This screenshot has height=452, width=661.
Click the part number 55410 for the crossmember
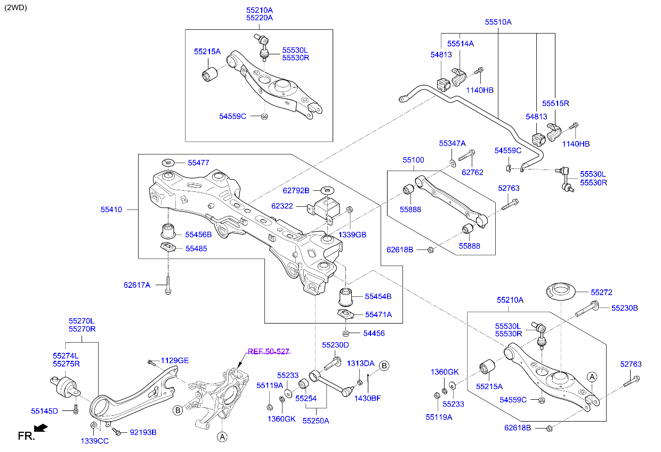pyautogui.click(x=111, y=209)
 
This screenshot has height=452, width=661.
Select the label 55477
pyautogui.click(x=198, y=163)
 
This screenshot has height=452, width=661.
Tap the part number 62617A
pyautogui.click(x=137, y=285)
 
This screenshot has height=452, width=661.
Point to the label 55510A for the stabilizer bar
pyautogui.click(x=498, y=22)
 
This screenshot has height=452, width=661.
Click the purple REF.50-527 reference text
pyautogui.click(x=268, y=351)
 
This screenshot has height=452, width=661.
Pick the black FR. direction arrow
pyautogui.click(x=40, y=427)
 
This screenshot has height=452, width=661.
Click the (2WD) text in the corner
pyautogui.click(x=15, y=7)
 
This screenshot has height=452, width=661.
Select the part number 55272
pyautogui.click(x=601, y=292)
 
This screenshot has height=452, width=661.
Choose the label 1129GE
pyautogui.click(x=175, y=360)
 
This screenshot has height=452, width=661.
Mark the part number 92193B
pyautogui.click(x=143, y=432)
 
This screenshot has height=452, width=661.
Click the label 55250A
pyautogui.click(x=316, y=420)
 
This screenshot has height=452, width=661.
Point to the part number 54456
pyautogui.click(x=374, y=333)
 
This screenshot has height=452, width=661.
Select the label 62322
pyautogui.click(x=282, y=205)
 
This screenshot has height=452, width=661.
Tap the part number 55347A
pyautogui.click(x=452, y=143)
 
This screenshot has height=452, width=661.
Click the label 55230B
pyautogui.click(x=624, y=308)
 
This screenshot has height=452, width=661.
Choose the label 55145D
pyautogui.click(x=44, y=411)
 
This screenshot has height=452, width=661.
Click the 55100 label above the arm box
pyautogui.click(x=413, y=159)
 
